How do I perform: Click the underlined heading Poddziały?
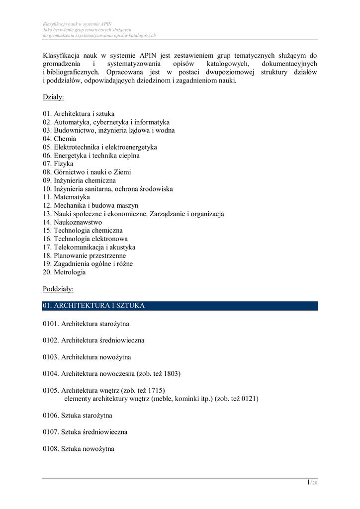58,289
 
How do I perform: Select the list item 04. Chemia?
59,139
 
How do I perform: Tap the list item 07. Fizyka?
58,164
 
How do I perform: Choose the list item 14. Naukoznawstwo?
72,222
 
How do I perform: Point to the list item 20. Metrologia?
64,272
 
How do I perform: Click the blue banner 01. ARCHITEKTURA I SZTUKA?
180,306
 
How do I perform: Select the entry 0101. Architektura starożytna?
86,324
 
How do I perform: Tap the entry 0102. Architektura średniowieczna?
93,340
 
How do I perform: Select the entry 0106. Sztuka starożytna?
77,416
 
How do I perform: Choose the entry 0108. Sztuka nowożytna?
78,449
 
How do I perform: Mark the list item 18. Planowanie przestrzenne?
84,255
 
